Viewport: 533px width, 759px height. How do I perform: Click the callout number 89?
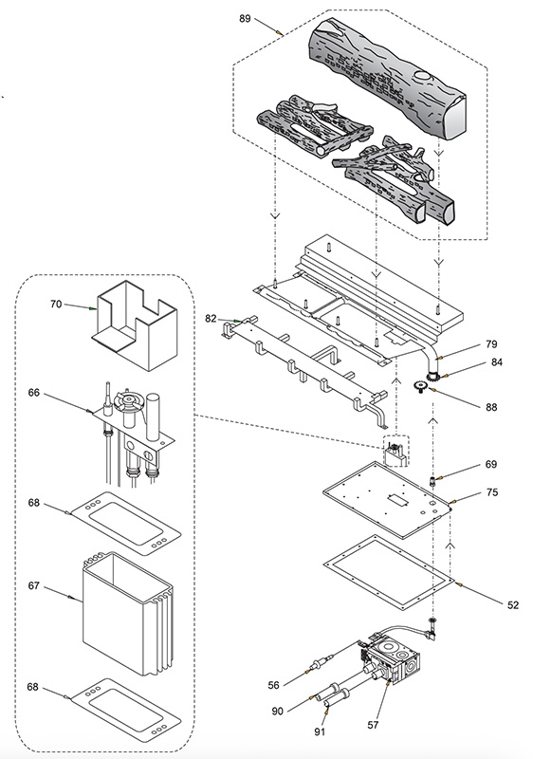coord(245,18)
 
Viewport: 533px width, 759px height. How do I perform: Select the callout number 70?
coord(56,304)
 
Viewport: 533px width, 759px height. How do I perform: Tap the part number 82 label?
coord(211,318)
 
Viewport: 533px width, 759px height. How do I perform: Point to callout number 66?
coord(34,392)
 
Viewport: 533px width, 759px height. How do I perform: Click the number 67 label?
coord(33,585)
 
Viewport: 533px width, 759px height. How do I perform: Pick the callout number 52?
coord(513,604)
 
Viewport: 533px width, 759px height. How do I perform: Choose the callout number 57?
coord(373,725)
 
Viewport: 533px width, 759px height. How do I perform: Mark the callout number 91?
coord(320,731)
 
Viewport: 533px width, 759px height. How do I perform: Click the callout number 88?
coord(491,407)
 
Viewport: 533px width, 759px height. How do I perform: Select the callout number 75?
coord(492,492)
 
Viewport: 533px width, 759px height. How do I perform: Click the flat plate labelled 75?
coord(387,500)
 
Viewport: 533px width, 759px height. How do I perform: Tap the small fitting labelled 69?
coord(432,481)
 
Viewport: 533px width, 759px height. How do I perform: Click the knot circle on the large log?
coord(423,76)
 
